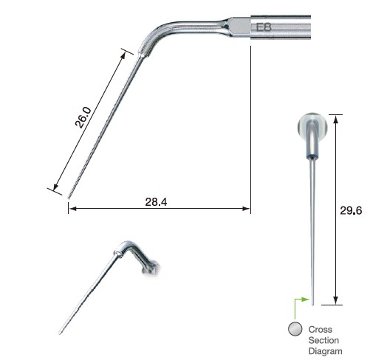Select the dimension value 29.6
coord(352,210)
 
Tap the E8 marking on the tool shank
coord(263,28)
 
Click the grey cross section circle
coord(295,329)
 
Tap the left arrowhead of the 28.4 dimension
coord(71,209)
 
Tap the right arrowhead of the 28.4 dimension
coord(247,209)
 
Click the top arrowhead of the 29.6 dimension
coord(337,117)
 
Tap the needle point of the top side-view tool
coord(69,198)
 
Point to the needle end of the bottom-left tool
coord(61,333)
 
